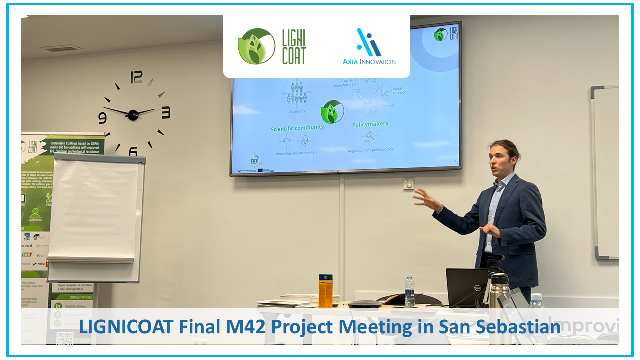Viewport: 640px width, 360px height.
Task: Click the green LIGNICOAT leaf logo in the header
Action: point(256,46)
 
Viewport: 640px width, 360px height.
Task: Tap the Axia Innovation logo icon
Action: point(369,42)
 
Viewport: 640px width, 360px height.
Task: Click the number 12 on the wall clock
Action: point(136,77)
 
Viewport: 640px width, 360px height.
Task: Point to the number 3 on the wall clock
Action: point(165,113)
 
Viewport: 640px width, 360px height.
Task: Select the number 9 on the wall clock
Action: point(102,118)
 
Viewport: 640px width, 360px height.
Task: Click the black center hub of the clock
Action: point(133,115)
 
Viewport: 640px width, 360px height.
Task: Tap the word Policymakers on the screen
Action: point(370,124)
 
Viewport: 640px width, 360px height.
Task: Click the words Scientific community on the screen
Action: point(297,128)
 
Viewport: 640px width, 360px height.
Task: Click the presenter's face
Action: point(501,160)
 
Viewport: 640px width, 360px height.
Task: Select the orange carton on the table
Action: point(325,290)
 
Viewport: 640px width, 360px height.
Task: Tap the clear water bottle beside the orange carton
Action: point(409,290)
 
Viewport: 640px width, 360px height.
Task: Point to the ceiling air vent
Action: point(61,48)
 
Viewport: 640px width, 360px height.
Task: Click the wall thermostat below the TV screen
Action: point(408,184)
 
